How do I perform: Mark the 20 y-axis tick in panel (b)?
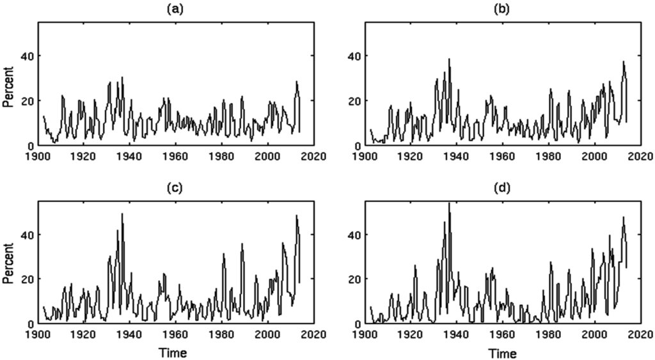pos(354,101)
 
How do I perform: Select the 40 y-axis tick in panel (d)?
pos(354,235)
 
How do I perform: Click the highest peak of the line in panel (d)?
pos(450,203)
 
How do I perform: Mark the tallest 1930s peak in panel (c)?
pos(122,214)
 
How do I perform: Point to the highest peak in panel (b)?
pos(449,59)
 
